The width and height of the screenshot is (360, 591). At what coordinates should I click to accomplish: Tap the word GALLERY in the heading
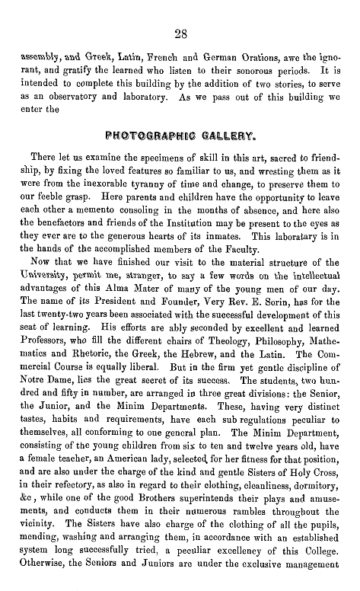point(220,137)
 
